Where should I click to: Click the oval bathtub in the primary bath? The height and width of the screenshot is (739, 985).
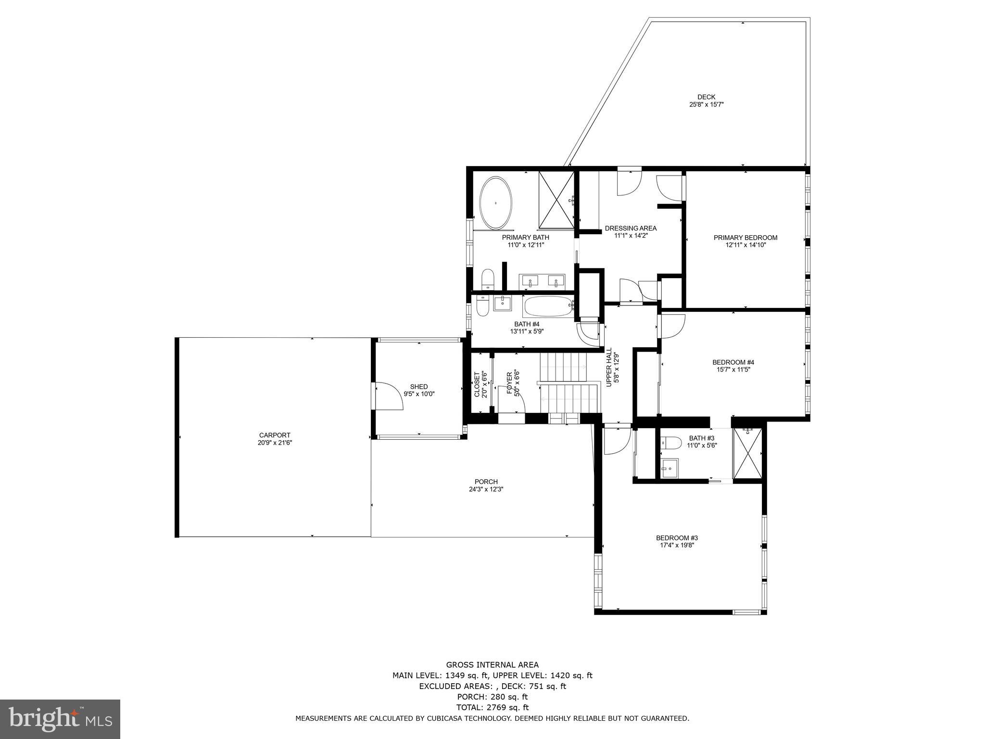pyautogui.click(x=496, y=203)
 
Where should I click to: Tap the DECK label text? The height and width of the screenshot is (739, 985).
pyautogui.click(x=706, y=97)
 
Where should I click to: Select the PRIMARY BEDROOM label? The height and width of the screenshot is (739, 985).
pyautogui.click(x=745, y=237)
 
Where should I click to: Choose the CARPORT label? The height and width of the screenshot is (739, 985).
pyautogui.click(x=275, y=435)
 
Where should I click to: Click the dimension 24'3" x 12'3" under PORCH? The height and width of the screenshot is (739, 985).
pyautogui.click(x=486, y=489)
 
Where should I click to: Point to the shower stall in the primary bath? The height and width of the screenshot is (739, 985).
pyautogui.click(x=556, y=200)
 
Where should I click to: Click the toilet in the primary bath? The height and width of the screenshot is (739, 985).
pyautogui.click(x=488, y=279)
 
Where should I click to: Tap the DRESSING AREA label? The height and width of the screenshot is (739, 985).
pyautogui.click(x=630, y=228)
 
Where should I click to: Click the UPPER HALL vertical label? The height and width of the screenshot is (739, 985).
pyautogui.click(x=609, y=367)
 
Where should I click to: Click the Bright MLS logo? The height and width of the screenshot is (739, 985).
pyautogui.click(x=60, y=719)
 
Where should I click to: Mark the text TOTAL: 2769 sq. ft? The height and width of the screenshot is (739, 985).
pyautogui.click(x=492, y=707)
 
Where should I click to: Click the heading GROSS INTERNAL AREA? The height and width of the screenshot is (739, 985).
pyautogui.click(x=492, y=665)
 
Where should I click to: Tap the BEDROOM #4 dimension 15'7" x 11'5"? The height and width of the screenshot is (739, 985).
pyautogui.click(x=733, y=369)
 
